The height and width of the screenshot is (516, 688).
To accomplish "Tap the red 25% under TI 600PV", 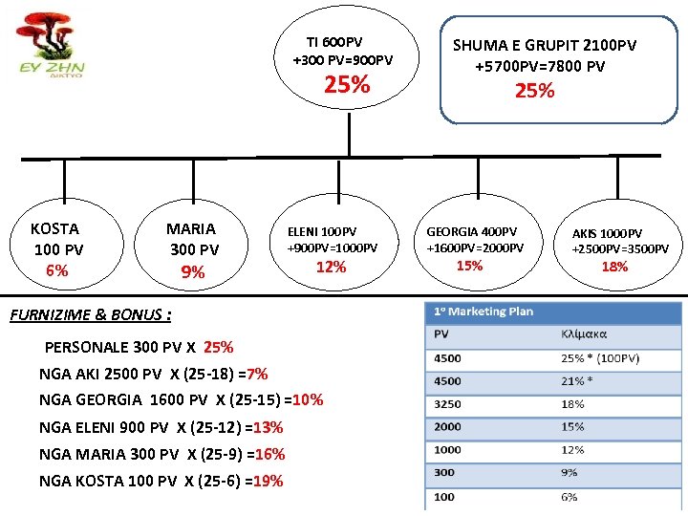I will click(x=347, y=85).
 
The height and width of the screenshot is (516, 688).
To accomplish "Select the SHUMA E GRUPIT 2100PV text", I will click(x=544, y=45).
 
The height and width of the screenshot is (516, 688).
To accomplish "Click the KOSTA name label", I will click(x=55, y=228).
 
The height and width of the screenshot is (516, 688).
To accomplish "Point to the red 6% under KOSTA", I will click(x=57, y=270).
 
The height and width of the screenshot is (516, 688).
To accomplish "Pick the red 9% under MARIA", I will click(x=193, y=272).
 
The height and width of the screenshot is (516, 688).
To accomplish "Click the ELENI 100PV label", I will click(x=322, y=231).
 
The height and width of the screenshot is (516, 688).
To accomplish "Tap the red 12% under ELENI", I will click(x=331, y=267).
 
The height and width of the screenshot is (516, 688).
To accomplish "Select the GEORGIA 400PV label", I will click(x=471, y=231).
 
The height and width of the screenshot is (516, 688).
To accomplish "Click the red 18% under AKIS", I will click(x=614, y=267).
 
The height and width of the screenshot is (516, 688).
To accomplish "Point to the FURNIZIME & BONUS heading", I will click(x=90, y=314).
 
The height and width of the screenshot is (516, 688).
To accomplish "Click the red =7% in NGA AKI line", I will click(x=256, y=374).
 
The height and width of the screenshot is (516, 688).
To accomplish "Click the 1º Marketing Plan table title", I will click(x=484, y=312).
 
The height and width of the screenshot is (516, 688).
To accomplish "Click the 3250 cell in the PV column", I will click(x=448, y=404).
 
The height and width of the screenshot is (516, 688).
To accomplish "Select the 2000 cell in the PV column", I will click(x=448, y=427).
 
